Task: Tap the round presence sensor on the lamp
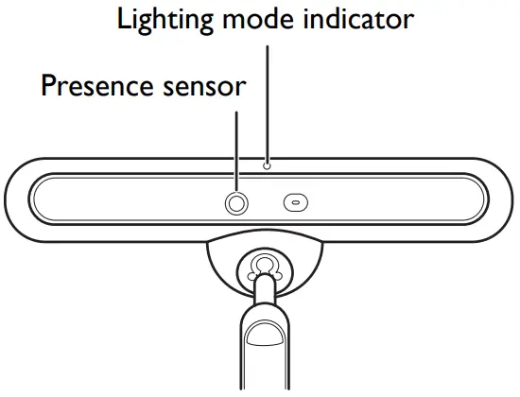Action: pos(235,202)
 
